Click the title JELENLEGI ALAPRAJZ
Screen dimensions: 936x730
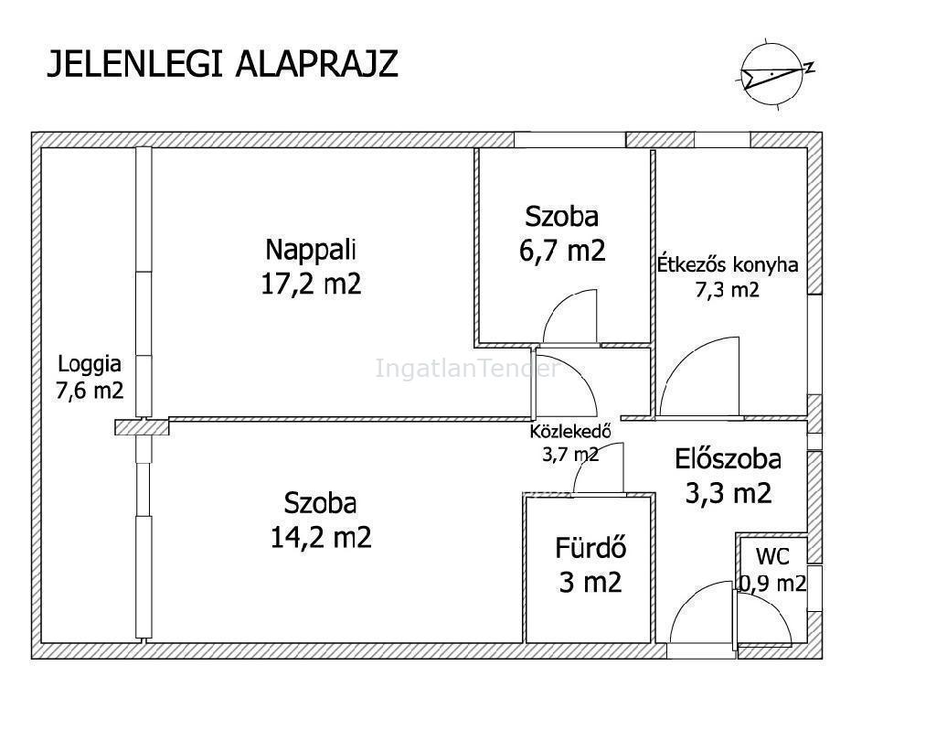[x=222, y=64]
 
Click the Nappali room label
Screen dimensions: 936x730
[x=311, y=250]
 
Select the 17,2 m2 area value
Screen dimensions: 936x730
[x=311, y=284]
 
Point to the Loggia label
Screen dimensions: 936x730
[x=89, y=364]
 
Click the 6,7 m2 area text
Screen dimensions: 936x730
[x=562, y=251]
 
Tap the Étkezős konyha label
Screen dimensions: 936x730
[x=728, y=264]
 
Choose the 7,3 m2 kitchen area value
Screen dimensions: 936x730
[x=727, y=290]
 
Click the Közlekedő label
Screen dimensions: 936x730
[x=570, y=431]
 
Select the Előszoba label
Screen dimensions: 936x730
[x=729, y=459]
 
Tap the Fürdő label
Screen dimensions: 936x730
[x=590, y=548]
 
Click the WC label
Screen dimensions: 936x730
[x=772, y=557]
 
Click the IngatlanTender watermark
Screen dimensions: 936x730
[x=467, y=368]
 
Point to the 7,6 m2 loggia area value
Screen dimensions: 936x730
[x=90, y=391]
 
